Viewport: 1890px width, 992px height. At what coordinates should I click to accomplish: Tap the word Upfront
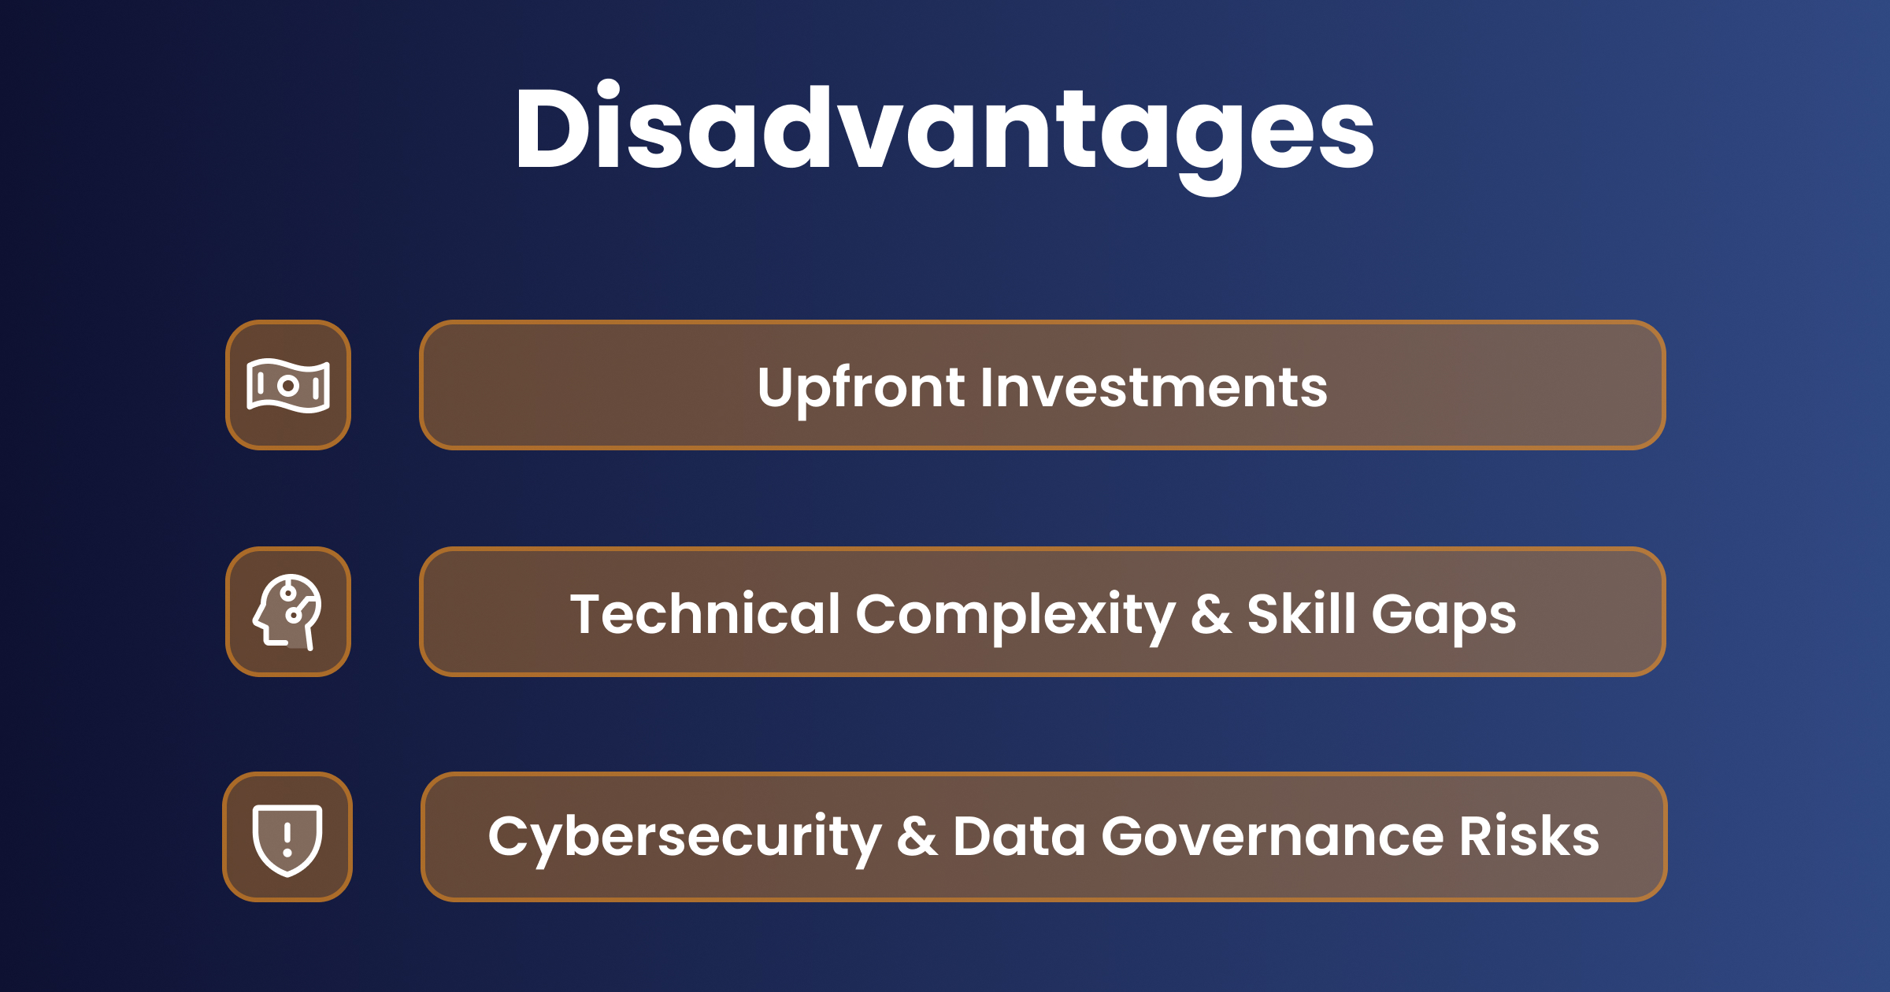(x=861, y=387)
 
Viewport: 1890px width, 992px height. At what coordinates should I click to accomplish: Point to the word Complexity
(x=1015, y=615)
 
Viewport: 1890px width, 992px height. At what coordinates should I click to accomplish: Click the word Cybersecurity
(x=684, y=838)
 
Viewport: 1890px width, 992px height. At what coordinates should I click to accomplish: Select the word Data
(x=1019, y=836)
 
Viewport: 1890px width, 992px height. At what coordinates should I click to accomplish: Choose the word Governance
(x=1273, y=836)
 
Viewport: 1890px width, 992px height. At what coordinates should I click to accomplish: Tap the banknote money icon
(x=288, y=386)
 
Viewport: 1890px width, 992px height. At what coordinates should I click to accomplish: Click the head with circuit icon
(x=287, y=612)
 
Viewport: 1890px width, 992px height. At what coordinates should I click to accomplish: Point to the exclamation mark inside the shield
(x=287, y=838)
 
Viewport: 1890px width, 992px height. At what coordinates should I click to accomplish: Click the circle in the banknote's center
(x=288, y=386)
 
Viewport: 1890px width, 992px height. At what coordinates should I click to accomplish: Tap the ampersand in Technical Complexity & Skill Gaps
(x=1211, y=615)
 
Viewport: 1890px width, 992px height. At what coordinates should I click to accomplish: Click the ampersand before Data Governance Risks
(x=917, y=838)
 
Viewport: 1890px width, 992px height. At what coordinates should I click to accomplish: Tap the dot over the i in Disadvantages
(x=607, y=90)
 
